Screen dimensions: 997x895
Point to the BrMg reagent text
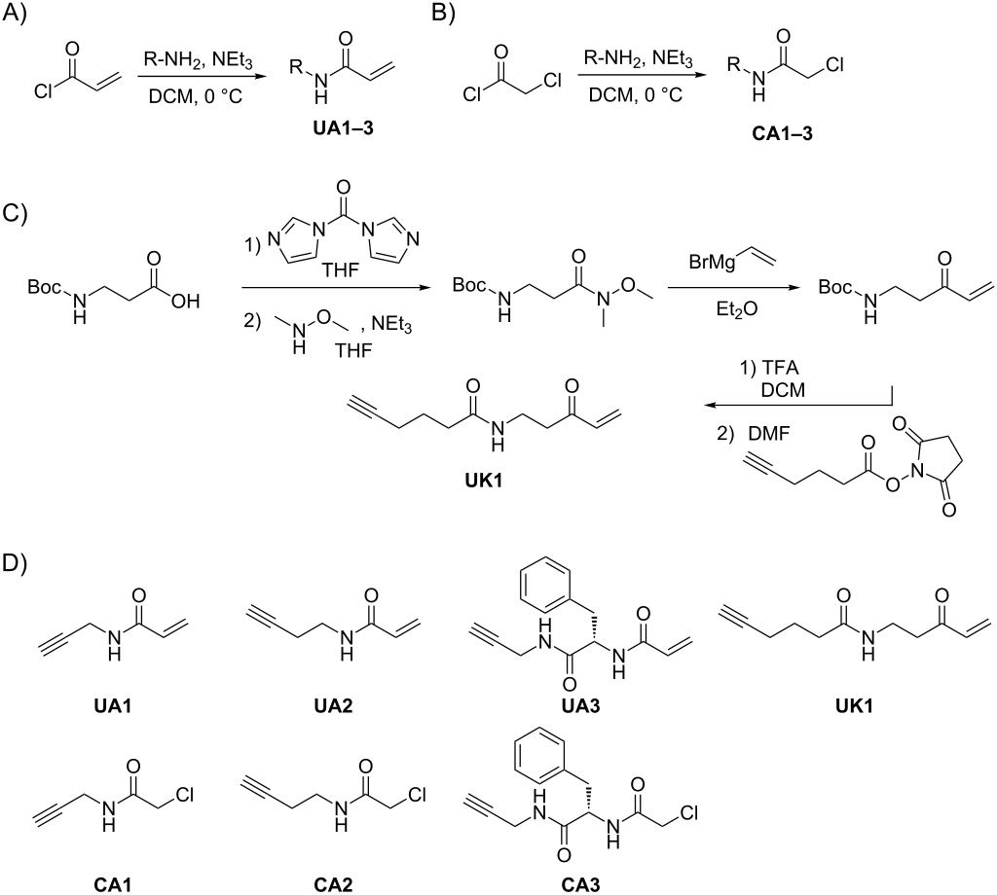coord(712,261)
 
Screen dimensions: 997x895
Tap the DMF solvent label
coord(770,435)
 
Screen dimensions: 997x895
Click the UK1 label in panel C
coord(483,481)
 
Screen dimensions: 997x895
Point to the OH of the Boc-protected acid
coord(185,301)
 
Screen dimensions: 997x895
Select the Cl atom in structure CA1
coord(180,795)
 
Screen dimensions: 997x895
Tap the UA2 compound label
coord(333,705)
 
